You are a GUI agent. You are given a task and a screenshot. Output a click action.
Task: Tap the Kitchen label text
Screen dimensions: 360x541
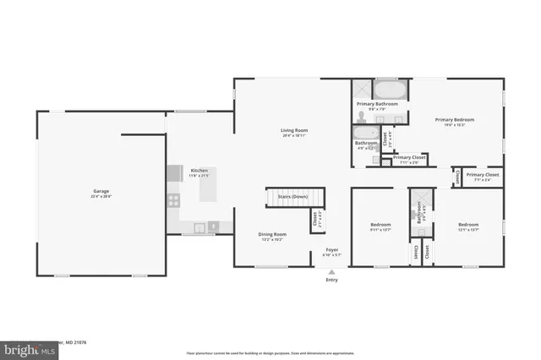point(199,170)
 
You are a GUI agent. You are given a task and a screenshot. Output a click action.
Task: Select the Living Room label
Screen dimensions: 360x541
point(294,130)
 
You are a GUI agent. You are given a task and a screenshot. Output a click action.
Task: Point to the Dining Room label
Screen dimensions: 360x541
point(272,234)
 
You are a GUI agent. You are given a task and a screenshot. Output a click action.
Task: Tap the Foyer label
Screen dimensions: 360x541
point(331,250)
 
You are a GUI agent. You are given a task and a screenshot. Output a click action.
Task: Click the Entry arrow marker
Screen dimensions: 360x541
point(331,272)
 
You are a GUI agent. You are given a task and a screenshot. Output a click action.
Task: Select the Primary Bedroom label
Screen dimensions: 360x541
point(455,120)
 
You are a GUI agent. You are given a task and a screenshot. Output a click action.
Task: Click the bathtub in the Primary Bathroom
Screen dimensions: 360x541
point(390,90)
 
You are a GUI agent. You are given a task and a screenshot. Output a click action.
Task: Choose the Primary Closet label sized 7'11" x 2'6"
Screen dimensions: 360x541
point(409,157)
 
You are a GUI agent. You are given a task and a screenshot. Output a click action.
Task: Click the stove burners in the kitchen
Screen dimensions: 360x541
point(173,201)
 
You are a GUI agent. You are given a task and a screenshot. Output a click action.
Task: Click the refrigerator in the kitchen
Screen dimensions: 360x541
point(173,172)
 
